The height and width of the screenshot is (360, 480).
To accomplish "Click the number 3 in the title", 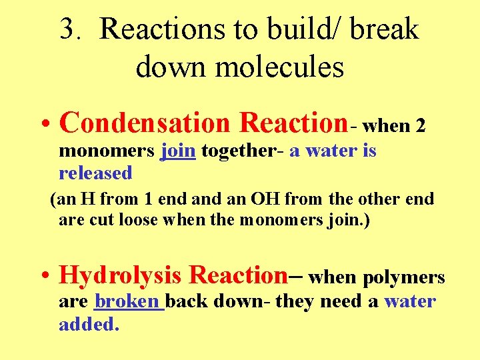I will click(x=67, y=30).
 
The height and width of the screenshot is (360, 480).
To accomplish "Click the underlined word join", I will click(x=178, y=151).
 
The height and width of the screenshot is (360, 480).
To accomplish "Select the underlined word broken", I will click(x=128, y=302).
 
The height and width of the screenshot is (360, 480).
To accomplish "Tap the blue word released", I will click(x=96, y=173).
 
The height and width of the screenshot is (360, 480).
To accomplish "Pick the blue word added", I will click(x=89, y=325).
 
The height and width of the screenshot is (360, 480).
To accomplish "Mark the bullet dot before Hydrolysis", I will click(x=43, y=276).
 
